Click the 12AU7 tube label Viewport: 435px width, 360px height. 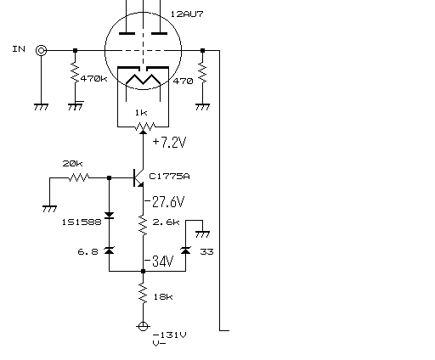[x=187, y=14]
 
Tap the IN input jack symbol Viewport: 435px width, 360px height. [x=41, y=51]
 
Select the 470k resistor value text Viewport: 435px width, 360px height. [x=93, y=78]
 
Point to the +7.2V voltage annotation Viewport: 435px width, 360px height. [x=169, y=142]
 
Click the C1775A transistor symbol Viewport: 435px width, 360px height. [x=138, y=177]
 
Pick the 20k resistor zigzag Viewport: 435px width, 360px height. [x=79, y=177]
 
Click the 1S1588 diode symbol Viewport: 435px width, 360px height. [x=109, y=216]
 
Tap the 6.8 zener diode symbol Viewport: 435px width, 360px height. [x=109, y=250]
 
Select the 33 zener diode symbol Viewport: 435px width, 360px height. [x=185, y=250]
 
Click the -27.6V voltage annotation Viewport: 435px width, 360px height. [x=165, y=202]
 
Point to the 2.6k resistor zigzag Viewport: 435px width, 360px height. [x=143, y=225]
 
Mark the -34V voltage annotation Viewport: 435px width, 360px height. [x=159, y=261]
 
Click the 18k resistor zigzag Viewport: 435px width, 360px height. [x=143, y=294]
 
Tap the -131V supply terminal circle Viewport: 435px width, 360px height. [x=143, y=326]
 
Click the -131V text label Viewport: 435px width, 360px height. [x=170, y=335]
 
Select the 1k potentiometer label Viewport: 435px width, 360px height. [x=141, y=113]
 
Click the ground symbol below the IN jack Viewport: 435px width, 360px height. [x=41, y=107]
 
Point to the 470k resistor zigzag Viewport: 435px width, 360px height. [x=75, y=72]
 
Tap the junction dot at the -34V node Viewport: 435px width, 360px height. [x=143, y=271]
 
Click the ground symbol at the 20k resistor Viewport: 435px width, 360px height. [x=49, y=209]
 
